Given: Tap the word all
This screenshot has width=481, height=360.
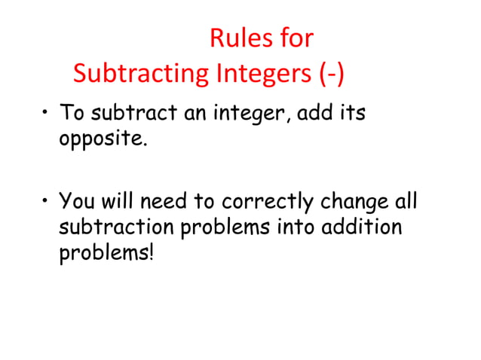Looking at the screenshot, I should (x=406, y=202).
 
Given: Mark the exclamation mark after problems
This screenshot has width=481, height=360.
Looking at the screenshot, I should (x=152, y=251).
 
